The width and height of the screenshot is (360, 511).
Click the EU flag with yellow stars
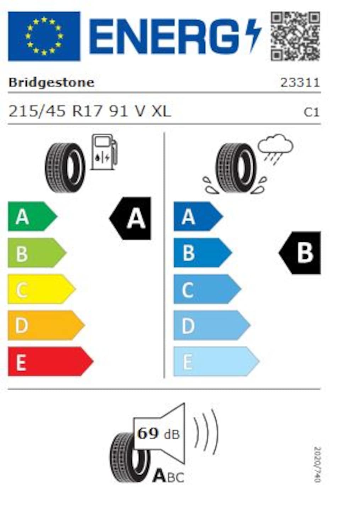(x=44, y=36)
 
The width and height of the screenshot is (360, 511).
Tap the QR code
(x=295, y=36)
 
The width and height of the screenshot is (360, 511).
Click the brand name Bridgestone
(x=51, y=83)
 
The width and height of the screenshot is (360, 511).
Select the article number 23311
(x=300, y=83)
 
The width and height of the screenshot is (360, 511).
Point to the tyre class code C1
(x=311, y=112)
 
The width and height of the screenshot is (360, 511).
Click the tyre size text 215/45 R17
(x=55, y=112)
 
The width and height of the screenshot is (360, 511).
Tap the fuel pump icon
(x=104, y=152)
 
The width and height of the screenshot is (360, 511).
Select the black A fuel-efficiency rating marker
(x=130, y=218)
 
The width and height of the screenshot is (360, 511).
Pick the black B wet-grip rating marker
(x=300, y=253)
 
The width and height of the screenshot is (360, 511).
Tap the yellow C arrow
(x=42, y=289)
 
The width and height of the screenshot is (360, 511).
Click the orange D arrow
(x=46, y=325)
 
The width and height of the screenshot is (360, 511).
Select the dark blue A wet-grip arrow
(x=198, y=216)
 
